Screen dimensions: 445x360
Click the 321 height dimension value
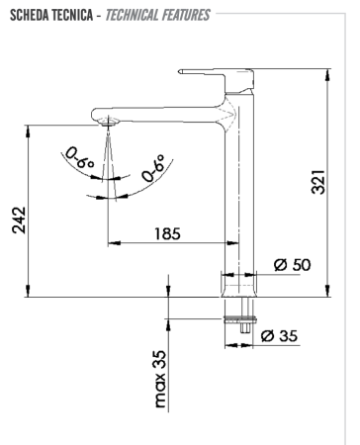click(x=318, y=181)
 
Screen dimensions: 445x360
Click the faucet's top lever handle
click(x=213, y=72)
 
